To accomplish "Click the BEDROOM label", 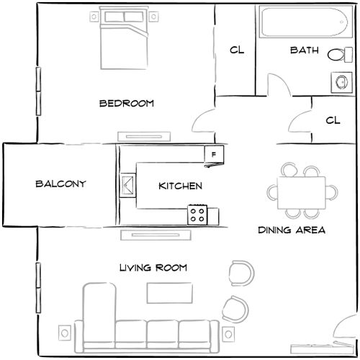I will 126,104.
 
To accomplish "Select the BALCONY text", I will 60,184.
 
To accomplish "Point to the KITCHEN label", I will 180,186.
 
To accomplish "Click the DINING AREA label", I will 292,231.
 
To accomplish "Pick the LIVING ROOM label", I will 153,269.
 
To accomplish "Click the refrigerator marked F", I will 213,154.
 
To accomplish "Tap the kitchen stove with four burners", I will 198,213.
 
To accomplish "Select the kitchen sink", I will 127,186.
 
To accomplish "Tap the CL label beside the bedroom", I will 235,50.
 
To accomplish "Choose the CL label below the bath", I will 332,120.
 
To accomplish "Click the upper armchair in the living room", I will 240,272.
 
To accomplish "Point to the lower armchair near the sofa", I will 235,309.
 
